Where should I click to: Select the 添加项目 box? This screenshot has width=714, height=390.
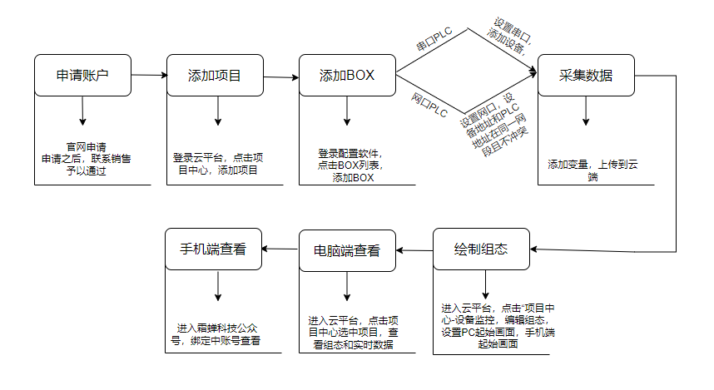[x=215, y=76]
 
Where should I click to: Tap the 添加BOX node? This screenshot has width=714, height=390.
[x=347, y=76]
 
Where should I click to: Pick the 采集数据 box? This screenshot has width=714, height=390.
[x=586, y=76]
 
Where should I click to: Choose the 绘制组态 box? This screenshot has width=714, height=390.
[x=481, y=249]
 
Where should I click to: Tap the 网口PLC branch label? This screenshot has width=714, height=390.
[x=429, y=105]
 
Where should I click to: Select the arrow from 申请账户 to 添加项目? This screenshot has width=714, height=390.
[x=149, y=75]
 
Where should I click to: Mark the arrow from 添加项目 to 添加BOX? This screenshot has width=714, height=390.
[x=281, y=77]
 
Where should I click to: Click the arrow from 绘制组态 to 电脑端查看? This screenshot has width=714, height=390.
[x=414, y=249]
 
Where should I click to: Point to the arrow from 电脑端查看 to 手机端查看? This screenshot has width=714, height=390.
[x=281, y=249]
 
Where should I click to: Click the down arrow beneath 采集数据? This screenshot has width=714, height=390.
[x=586, y=111]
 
